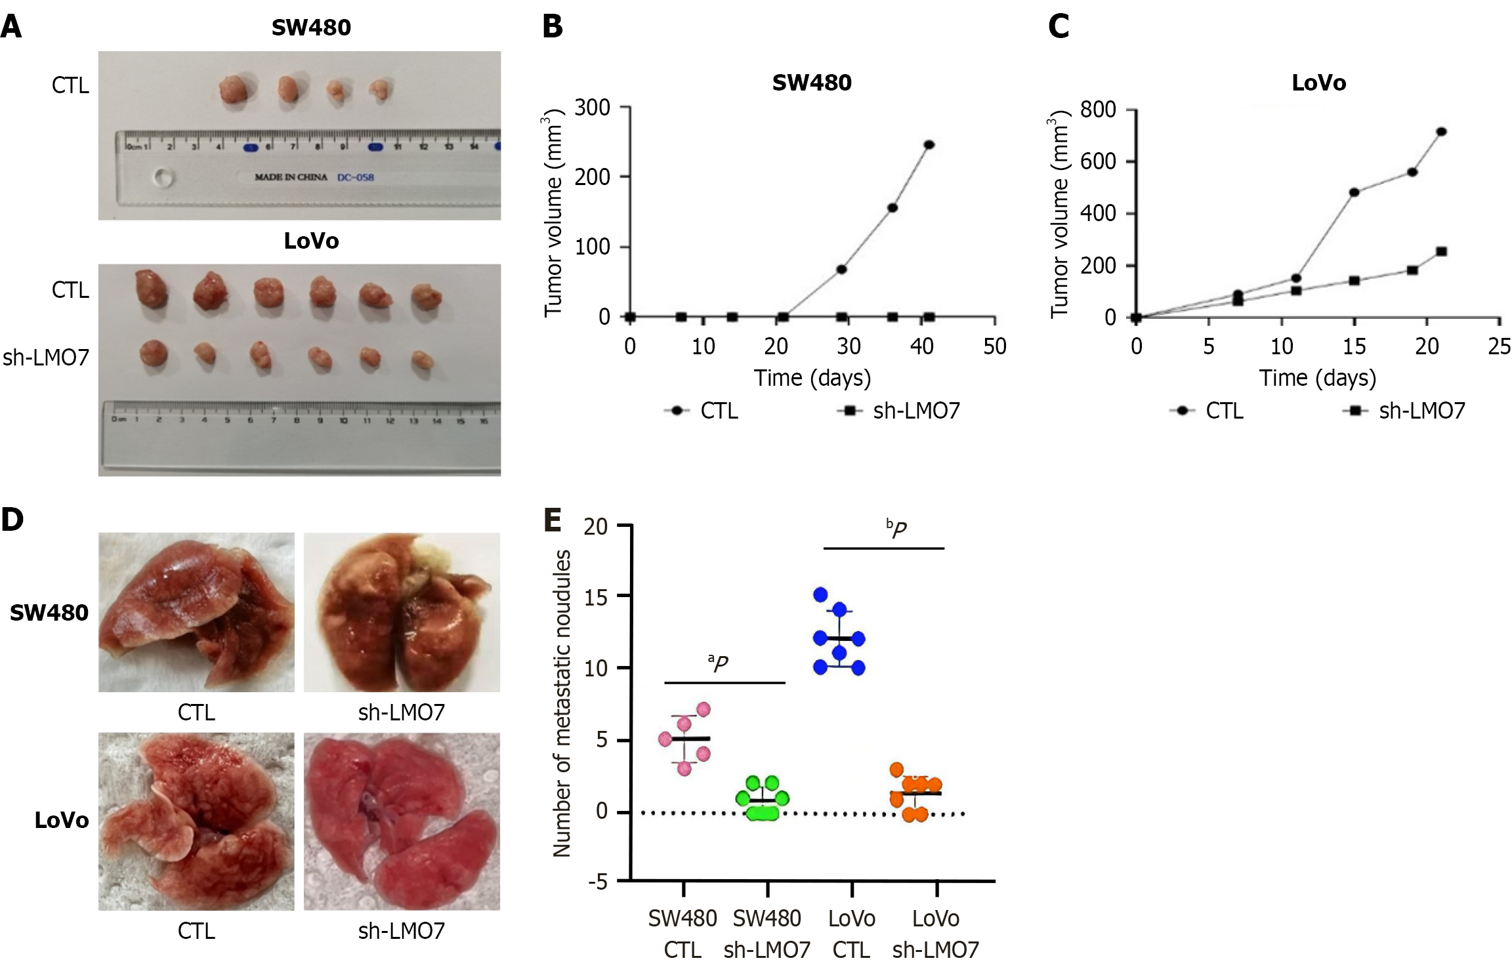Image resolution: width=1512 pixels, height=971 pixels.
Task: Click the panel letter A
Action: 11,28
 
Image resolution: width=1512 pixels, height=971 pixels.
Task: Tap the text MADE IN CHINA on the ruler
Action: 291,177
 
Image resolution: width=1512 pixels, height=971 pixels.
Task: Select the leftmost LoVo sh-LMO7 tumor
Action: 154,354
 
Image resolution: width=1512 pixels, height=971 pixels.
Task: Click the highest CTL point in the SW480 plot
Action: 929,145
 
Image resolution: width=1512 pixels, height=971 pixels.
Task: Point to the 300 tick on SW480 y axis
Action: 592,107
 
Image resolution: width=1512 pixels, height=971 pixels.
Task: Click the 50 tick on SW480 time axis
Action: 994,346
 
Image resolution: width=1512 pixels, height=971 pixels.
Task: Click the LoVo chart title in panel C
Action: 1318,83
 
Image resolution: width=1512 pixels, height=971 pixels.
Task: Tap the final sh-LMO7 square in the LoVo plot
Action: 1441,252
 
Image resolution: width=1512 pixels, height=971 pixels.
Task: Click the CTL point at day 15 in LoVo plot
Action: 1354,192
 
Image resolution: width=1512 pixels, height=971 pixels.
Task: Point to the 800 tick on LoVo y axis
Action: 1098,109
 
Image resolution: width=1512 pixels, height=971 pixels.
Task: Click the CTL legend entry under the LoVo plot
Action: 1207,411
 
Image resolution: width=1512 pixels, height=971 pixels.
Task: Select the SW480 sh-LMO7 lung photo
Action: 402,612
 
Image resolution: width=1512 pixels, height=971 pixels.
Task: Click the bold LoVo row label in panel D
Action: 62,821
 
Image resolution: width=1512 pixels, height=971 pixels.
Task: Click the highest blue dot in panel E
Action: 820,594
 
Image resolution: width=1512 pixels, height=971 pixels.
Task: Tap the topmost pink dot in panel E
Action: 703,709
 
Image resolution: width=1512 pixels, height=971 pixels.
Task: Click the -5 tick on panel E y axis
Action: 598,881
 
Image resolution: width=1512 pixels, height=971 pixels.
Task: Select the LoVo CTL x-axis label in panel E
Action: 851,934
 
